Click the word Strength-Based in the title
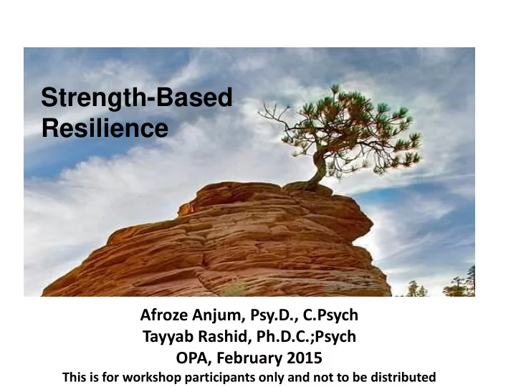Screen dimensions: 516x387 (x=137, y=98)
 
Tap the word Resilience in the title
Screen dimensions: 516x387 (x=105, y=128)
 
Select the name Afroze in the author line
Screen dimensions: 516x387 (x=164, y=315)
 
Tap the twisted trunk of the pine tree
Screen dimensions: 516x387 (x=318, y=168)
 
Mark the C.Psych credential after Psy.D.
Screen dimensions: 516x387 (x=330, y=315)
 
